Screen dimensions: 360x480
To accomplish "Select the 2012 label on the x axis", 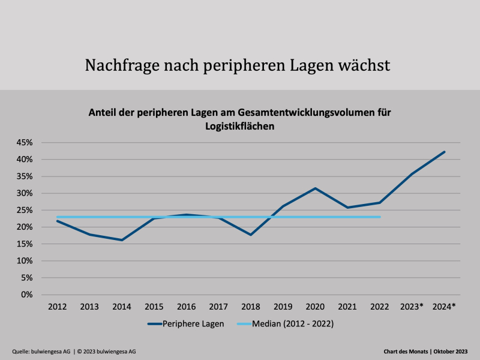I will pos(57,307).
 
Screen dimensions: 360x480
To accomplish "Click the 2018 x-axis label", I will pos(251,307).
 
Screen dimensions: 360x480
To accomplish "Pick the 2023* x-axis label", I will pos(412,307).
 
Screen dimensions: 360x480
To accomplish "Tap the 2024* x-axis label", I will pos(445,307).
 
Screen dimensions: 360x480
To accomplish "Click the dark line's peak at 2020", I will pos(316,188).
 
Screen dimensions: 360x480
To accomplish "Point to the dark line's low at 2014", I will pos(122,240).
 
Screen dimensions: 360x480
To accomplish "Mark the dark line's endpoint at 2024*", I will pos(445,152).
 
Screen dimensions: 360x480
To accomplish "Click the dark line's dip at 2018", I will pos(251,235).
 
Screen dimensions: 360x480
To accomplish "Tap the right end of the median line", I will pos(380,217).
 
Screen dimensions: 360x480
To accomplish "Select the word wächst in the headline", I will pos(365,65).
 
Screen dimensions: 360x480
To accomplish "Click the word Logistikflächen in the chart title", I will pos(240,126).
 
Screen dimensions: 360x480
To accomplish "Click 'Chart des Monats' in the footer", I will pos(406,351).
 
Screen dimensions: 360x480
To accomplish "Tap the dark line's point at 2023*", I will pos(412,174).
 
